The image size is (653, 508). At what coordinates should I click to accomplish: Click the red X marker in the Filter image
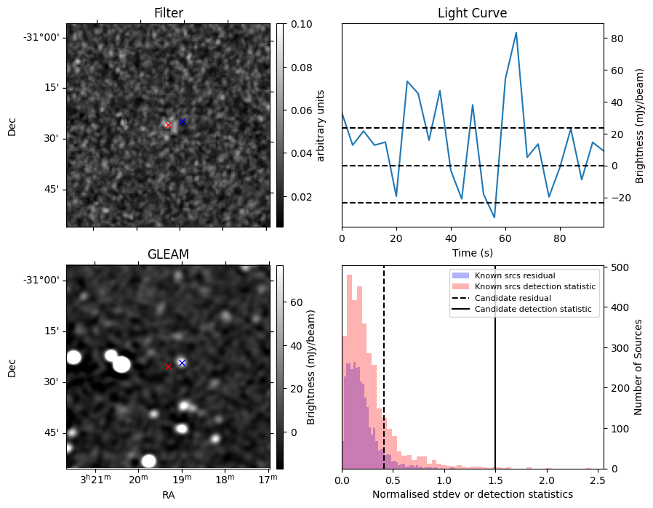click(x=168, y=125)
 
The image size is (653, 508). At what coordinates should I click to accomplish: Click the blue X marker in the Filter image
click(x=182, y=121)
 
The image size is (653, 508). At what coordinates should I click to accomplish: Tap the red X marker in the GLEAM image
click(x=168, y=366)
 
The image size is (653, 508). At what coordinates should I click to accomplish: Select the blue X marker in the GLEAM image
click(x=182, y=363)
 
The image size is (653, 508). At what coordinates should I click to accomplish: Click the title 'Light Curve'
click(x=472, y=13)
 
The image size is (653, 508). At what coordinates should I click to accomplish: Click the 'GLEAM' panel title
click(x=168, y=254)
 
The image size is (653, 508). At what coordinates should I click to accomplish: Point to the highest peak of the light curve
click(x=516, y=33)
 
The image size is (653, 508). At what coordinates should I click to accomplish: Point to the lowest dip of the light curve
click(x=494, y=217)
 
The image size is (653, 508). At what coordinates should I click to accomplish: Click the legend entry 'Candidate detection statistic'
click(x=532, y=309)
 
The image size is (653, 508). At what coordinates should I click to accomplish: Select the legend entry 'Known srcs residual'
click(x=515, y=275)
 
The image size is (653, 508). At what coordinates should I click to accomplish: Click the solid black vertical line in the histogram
click(x=495, y=367)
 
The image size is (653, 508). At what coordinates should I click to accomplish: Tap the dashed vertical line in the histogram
click(x=383, y=367)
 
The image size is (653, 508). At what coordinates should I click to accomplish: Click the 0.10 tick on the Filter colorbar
click(x=302, y=24)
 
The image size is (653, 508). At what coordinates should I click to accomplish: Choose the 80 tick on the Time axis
click(x=560, y=238)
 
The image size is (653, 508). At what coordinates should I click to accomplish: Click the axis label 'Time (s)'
click(x=472, y=252)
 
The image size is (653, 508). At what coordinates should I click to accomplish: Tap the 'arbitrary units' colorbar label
click(x=320, y=125)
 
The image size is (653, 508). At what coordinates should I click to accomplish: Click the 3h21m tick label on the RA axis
click(x=96, y=479)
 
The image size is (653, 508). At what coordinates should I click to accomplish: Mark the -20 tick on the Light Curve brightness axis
click(x=620, y=198)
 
